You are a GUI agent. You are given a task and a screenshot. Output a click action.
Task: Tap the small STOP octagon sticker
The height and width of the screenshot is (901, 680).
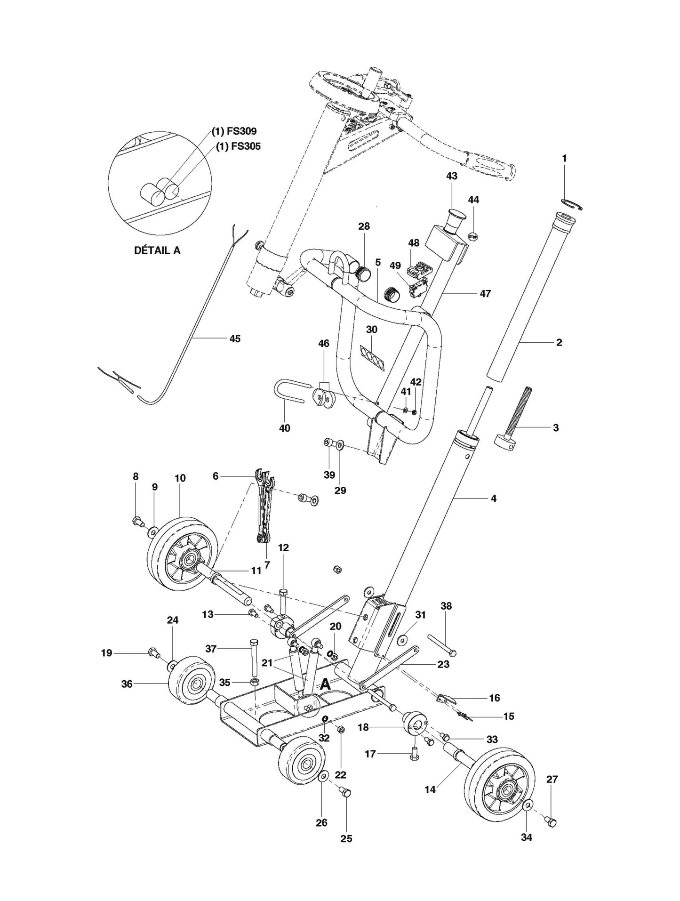point(473,236)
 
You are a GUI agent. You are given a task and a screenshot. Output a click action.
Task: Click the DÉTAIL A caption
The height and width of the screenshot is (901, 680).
point(157,250)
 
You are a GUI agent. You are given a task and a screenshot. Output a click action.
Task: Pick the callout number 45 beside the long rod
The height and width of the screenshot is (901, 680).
point(234,338)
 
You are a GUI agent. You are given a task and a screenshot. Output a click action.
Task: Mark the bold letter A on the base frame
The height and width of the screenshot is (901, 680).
point(325,685)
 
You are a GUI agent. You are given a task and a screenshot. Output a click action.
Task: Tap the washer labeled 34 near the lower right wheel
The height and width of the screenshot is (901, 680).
point(528,806)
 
